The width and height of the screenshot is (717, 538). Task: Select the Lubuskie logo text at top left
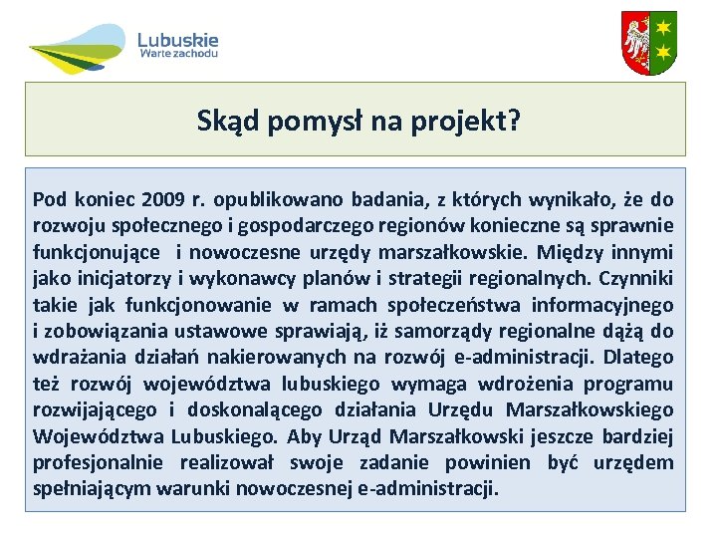tap(178, 41)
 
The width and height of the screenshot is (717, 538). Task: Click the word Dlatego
tap(638, 357)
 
